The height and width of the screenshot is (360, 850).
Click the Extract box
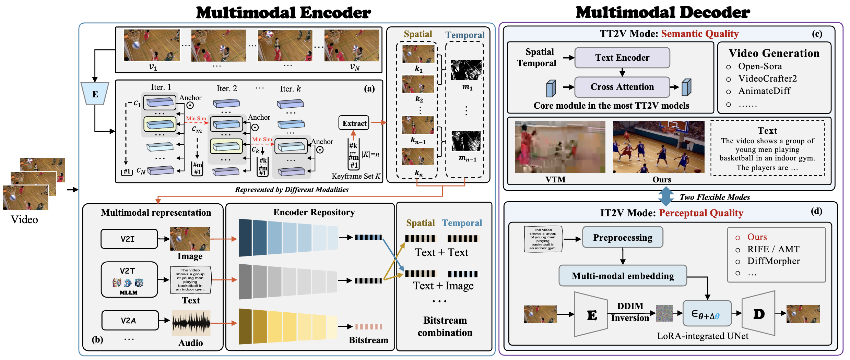click(x=354, y=123)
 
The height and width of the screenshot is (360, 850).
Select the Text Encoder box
click(x=622, y=58)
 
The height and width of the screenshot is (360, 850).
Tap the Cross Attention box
click(x=622, y=87)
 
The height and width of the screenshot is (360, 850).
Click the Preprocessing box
click(x=623, y=237)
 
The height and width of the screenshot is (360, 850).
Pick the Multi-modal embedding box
click(x=623, y=276)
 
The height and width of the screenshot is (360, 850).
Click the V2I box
click(x=129, y=239)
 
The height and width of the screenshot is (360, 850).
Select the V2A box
click(x=130, y=321)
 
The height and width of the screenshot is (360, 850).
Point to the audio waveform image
click(x=191, y=323)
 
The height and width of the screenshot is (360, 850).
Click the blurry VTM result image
click(x=560, y=147)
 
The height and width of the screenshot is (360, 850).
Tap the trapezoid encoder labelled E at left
click(x=95, y=94)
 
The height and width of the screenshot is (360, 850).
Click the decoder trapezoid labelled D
click(x=759, y=314)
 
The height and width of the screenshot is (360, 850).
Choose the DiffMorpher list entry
click(x=773, y=261)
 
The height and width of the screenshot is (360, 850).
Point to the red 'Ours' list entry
click(x=757, y=237)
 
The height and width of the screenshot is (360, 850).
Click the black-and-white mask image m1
click(x=466, y=70)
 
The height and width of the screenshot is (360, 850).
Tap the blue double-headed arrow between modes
click(x=666, y=196)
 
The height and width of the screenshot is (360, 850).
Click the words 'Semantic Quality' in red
click(x=700, y=34)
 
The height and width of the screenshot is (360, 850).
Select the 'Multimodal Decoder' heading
click(x=663, y=13)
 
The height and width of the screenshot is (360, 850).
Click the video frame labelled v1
click(x=152, y=45)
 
